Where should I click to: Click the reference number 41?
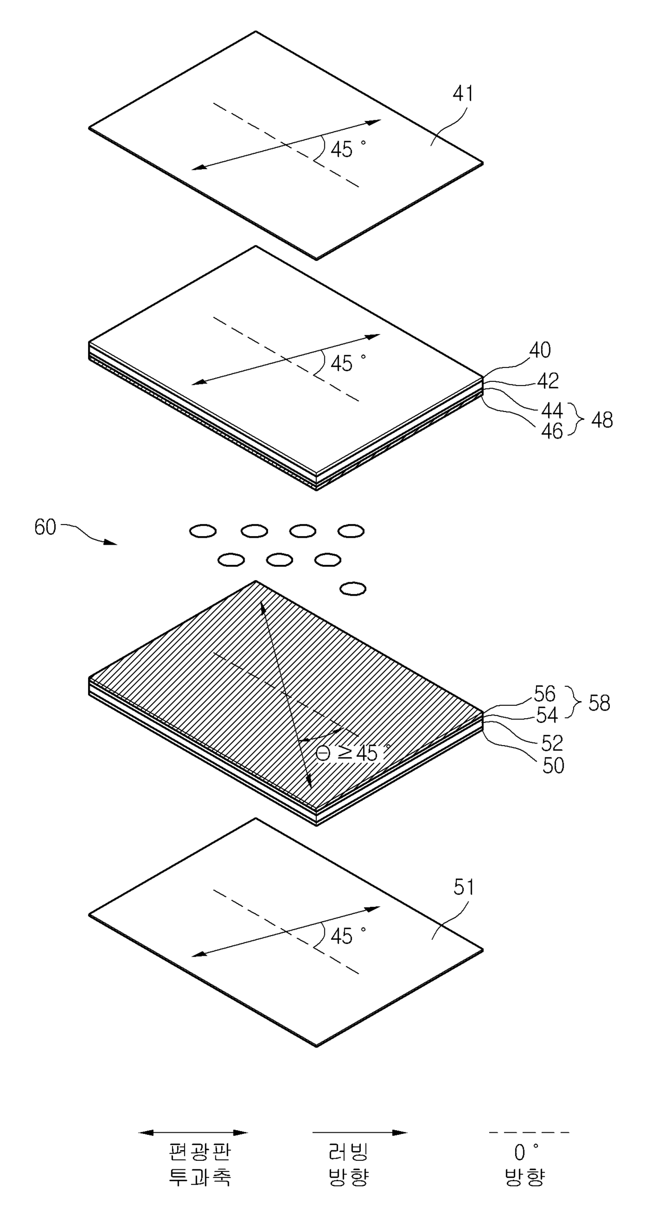click(x=463, y=94)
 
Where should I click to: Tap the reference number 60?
click(x=45, y=528)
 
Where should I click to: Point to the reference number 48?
click(x=601, y=420)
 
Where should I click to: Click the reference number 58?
click(x=599, y=703)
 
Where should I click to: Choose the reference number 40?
click(x=540, y=350)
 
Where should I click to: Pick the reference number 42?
click(x=548, y=381)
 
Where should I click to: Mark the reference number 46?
click(x=552, y=431)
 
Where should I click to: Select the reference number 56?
click(x=544, y=694)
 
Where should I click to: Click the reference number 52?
click(x=552, y=744)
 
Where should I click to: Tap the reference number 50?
click(x=553, y=766)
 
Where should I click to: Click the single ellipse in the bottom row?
click(x=353, y=588)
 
